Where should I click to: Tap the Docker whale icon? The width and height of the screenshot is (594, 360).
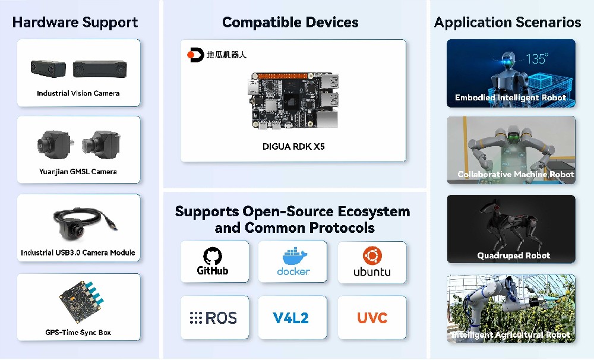293,257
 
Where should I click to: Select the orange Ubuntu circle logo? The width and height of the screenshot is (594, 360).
372,255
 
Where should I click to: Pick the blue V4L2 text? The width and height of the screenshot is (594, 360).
291,318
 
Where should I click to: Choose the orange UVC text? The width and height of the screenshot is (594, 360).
372,318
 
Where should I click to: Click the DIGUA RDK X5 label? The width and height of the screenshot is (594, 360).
293,146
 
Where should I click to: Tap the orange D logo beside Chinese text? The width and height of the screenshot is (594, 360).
195,55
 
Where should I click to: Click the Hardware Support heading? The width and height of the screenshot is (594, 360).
75,23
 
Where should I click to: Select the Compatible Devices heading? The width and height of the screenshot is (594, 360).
290,23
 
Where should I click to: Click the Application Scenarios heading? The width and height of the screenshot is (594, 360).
507,23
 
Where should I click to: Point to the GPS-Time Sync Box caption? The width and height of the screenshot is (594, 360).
78,332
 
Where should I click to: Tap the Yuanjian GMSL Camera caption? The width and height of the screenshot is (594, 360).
78,172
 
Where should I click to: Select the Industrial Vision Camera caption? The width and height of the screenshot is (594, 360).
78,93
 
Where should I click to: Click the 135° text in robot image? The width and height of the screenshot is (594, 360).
537,59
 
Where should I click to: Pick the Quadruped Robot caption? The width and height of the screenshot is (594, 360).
513,256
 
